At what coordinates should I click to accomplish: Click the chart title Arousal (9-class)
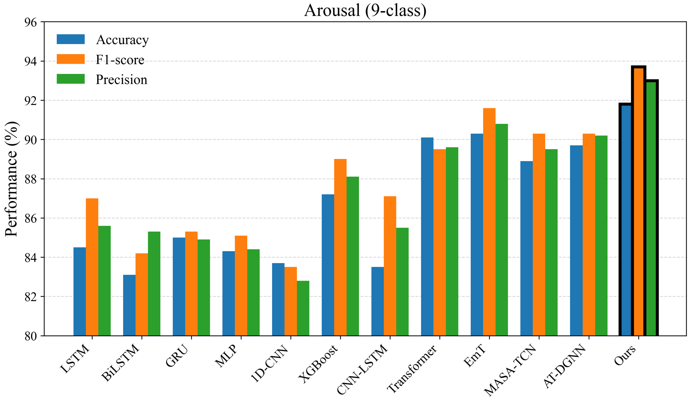click(365, 10)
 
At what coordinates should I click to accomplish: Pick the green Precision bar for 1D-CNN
click(303, 308)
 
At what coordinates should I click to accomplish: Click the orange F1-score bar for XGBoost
click(340, 247)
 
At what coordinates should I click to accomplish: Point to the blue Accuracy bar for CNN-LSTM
click(378, 301)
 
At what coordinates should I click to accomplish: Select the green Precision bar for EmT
click(502, 230)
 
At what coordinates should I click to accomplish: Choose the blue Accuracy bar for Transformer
click(427, 237)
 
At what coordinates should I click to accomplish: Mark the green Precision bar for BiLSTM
click(154, 284)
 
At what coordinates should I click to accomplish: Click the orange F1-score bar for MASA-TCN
click(539, 235)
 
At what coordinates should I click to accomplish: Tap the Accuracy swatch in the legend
click(71, 39)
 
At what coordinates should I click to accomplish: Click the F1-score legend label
click(120, 60)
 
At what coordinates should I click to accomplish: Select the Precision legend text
click(122, 79)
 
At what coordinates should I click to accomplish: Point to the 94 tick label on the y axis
click(31, 61)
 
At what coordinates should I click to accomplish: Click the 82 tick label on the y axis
click(31, 297)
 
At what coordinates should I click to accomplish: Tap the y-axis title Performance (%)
click(11, 179)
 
